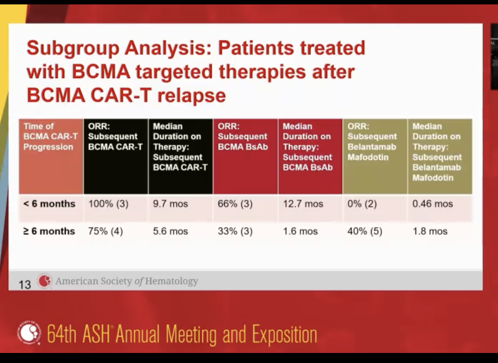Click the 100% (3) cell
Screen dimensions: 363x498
(x=108, y=204)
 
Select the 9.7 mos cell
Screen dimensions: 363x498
(x=170, y=204)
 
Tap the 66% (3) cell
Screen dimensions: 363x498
(x=235, y=204)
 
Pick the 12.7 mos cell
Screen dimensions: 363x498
(x=303, y=204)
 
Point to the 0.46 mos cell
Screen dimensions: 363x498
(x=432, y=204)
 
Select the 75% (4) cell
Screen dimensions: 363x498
(x=105, y=232)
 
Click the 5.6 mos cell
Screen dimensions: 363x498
(x=170, y=232)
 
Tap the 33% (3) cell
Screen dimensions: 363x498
(x=235, y=232)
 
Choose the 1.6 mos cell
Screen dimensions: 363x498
(x=300, y=232)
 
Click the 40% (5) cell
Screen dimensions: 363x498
(x=365, y=232)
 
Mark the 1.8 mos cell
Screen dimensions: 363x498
(x=430, y=232)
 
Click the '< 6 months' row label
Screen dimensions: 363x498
(x=49, y=204)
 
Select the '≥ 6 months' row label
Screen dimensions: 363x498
(x=49, y=232)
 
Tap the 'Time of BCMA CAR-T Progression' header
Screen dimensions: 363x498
(x=50, y=137)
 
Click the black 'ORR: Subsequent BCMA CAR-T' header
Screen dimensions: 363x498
(x=115, y=137)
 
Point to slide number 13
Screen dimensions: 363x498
(x=24, y=284)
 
